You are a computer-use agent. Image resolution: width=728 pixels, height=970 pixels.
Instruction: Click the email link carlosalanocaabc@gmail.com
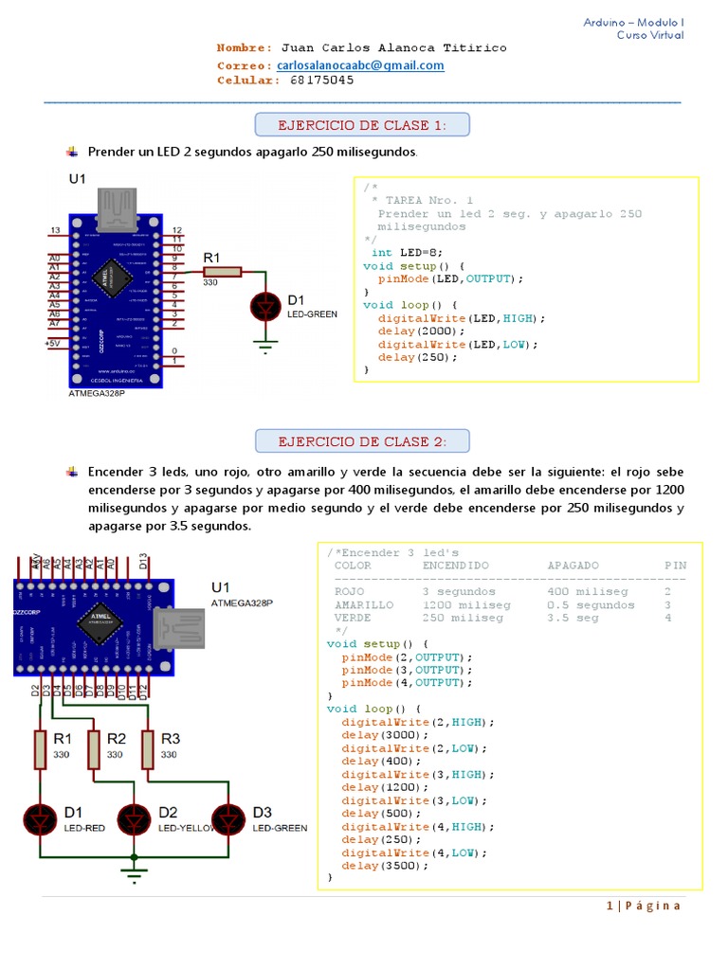click(x=360, y=65)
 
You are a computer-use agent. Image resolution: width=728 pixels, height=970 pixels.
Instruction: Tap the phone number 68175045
click(x=322, y=81)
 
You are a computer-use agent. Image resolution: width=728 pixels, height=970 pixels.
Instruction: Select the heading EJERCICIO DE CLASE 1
click(x=362, y=125)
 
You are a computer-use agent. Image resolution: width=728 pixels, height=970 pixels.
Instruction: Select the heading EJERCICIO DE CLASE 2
click(x=362, y=441)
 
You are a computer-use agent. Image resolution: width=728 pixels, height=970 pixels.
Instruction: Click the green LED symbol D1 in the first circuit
click(x=266, y=306)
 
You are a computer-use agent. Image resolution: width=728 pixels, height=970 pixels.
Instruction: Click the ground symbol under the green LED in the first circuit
click(x=266, y=347)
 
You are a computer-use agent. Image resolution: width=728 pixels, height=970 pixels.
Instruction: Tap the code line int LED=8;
click(x=407, y=253)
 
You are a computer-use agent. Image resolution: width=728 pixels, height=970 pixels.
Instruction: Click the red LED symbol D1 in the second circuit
click(x=40, y=817)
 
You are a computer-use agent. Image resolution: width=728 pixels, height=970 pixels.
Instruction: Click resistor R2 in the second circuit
click(x=94, y=748)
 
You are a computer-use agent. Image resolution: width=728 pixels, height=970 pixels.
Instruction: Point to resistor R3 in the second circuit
click(x=149, y=748)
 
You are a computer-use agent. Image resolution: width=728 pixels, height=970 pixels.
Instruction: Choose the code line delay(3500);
click(x=385, y=865)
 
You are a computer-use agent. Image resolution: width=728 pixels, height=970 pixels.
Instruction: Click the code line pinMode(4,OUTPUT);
click(x=407, y=682)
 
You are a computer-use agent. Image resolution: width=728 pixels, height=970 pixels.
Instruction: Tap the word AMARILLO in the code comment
click(x=364, y=604)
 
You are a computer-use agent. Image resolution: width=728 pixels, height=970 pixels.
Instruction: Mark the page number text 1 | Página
click(x=644, y=906)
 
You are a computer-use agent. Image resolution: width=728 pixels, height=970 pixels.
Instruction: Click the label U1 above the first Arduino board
click(x=77, y=178)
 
